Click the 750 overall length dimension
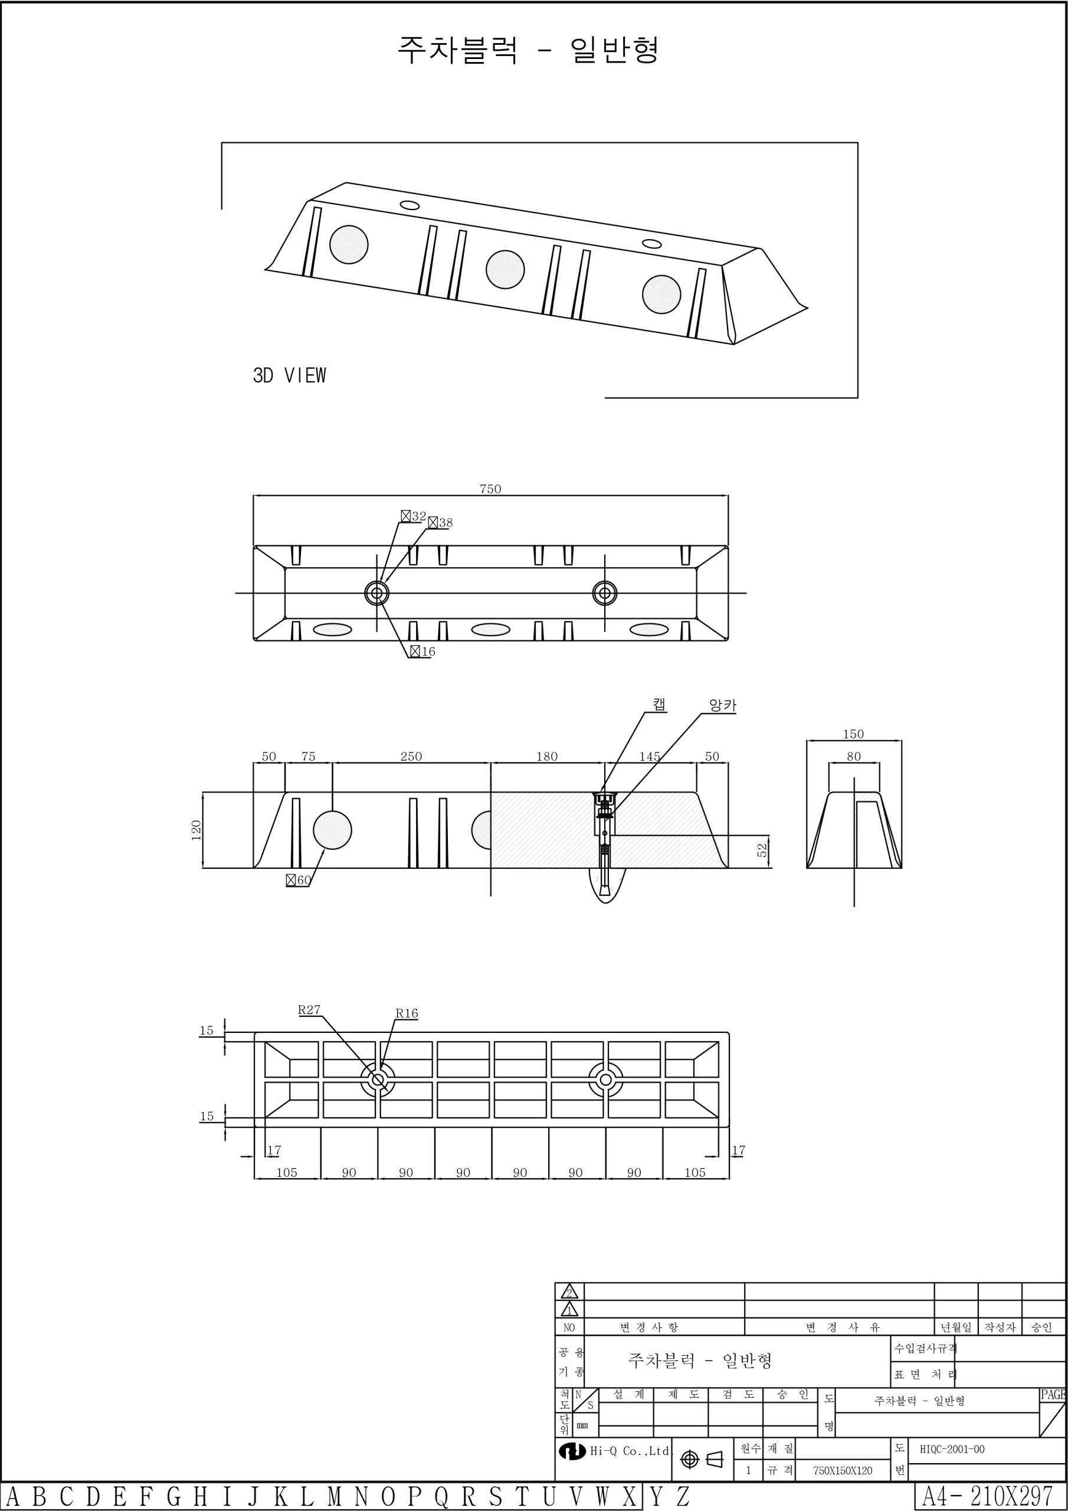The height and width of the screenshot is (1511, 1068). click(x=490, y=489)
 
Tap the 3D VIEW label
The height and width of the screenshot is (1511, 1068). click(x=290, y=375)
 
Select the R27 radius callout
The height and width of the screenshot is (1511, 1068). click(x=309, y=1010)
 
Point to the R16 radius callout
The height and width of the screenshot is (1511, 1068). click(x=407, y=1013)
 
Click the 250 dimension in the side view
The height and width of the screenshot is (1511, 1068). click(x=411, y=757)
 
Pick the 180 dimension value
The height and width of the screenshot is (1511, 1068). click(x=547, y=757)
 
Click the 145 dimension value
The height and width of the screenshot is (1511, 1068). click(x=650, y=757)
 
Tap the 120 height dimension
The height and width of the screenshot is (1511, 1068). click(x=195, y=830)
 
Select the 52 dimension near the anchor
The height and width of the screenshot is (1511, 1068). click(x=762, y=851)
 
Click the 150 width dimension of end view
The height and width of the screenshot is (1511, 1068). click(x=853, y=734)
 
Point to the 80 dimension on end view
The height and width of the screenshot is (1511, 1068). click(x=853, y=757)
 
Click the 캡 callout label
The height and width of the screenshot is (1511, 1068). click(x=659, y=704)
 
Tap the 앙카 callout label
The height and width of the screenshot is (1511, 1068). click(x=723, y=705)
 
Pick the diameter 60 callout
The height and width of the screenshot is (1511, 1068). click(x=299, y=880)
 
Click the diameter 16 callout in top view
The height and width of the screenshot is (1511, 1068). click(x=422, y=652)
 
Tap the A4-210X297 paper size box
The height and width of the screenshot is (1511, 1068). click(x=990, y=1496)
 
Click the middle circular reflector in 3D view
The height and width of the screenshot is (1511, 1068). click(x=505, y=269)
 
